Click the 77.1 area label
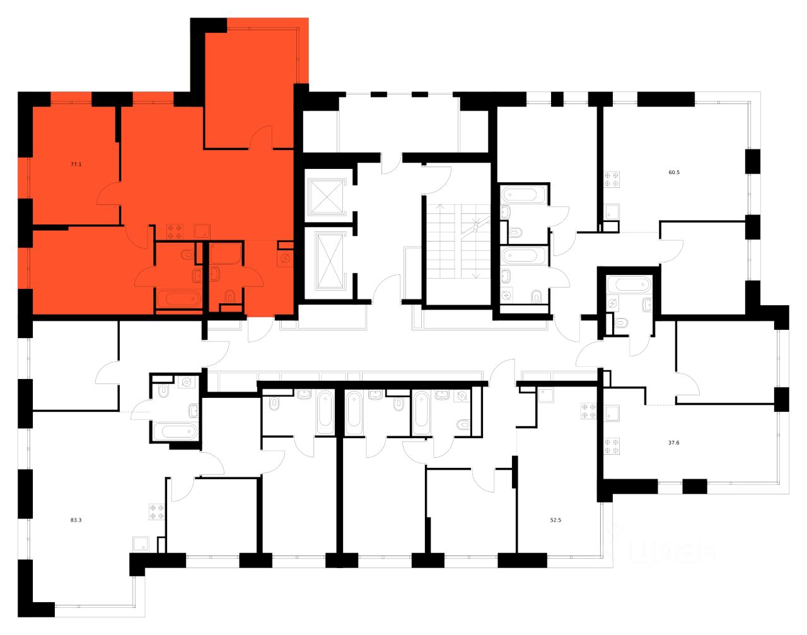[x=76, y=164]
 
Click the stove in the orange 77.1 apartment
[x=174, y=231]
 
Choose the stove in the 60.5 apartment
[x=610, y=179]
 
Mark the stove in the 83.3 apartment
[x=156, y=511]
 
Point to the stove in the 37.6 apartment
[x=611, y=446]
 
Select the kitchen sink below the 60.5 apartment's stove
[x=611, y=211]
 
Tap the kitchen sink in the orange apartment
[x=201, y=231]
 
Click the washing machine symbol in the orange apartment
[x=284, y=258]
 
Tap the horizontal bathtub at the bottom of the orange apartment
[x=178, y=299]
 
